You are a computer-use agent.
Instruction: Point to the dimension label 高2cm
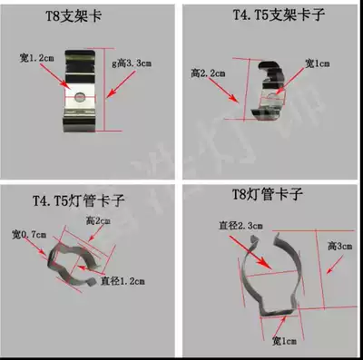point(98,220)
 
